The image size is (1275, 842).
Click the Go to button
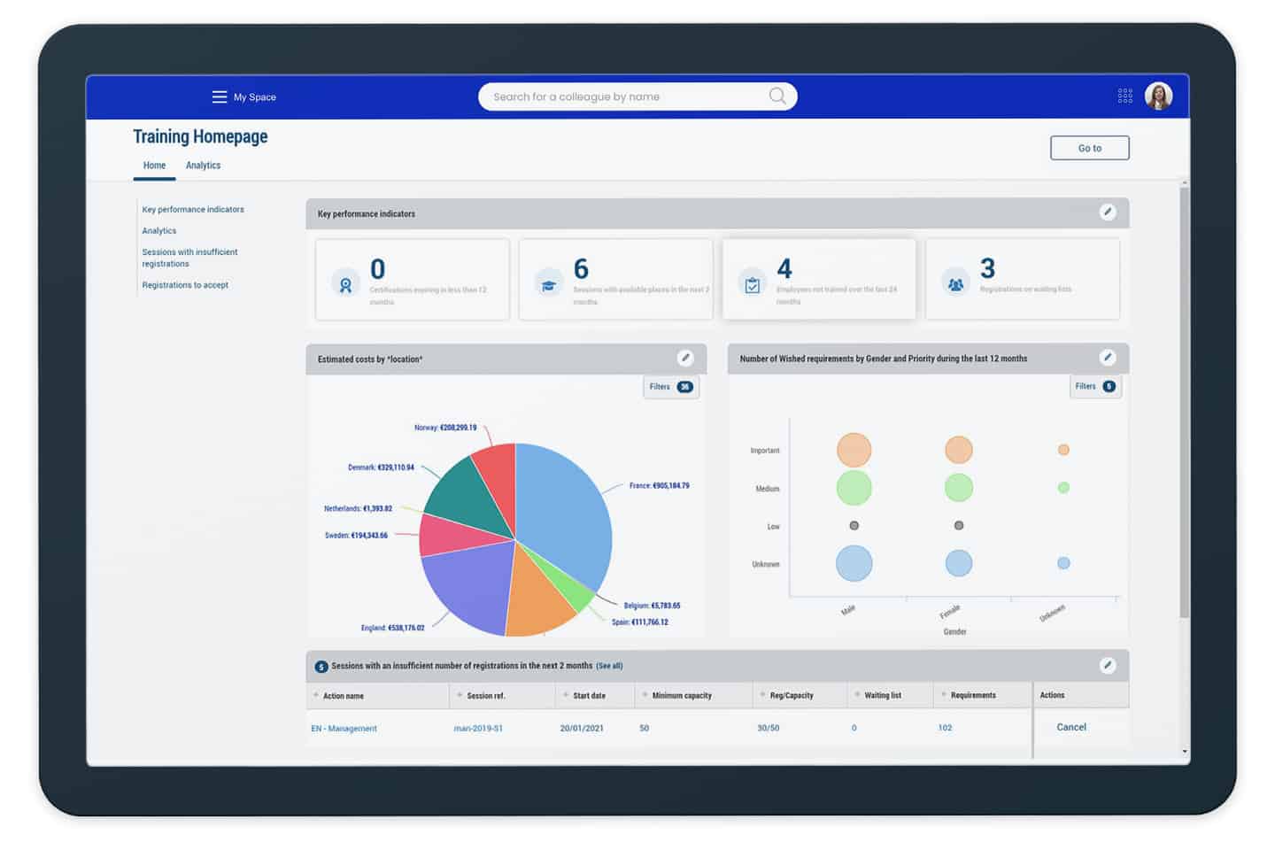tap(1089, 148)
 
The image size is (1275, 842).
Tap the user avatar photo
tap(1158, 96)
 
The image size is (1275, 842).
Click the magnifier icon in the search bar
tap(777, 96)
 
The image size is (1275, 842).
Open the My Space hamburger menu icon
tap(220, 97)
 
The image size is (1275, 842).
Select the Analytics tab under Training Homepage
tap(203, 166)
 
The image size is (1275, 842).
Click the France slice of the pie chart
tap(562, 514)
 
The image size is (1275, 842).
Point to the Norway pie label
tap(445, 428)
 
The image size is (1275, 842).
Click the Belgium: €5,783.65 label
tap(652, 606)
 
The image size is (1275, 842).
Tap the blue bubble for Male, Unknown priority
tap(854, 563)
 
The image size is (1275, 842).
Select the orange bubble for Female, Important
tap(958, 450)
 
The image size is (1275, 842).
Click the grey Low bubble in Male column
tap(854, 526)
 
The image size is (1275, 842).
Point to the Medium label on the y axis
tap(767, 489)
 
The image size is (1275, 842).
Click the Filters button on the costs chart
tap(670, 387)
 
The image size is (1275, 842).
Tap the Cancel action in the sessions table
tap(1071, 727)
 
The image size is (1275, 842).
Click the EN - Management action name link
tap(344, 729)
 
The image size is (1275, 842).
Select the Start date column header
tap(589, 696)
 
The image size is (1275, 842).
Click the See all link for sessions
tap(609, 666)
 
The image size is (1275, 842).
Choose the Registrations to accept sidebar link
tap(185, 285)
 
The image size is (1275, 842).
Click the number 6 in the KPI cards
tap(581, 269)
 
